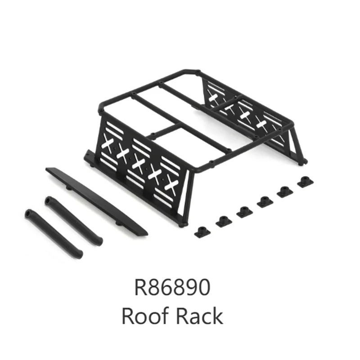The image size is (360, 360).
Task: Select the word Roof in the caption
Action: tap(144, 317)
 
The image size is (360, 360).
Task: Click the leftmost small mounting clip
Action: tap(200, 231)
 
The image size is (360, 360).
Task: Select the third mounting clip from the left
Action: tap(243, 211)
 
